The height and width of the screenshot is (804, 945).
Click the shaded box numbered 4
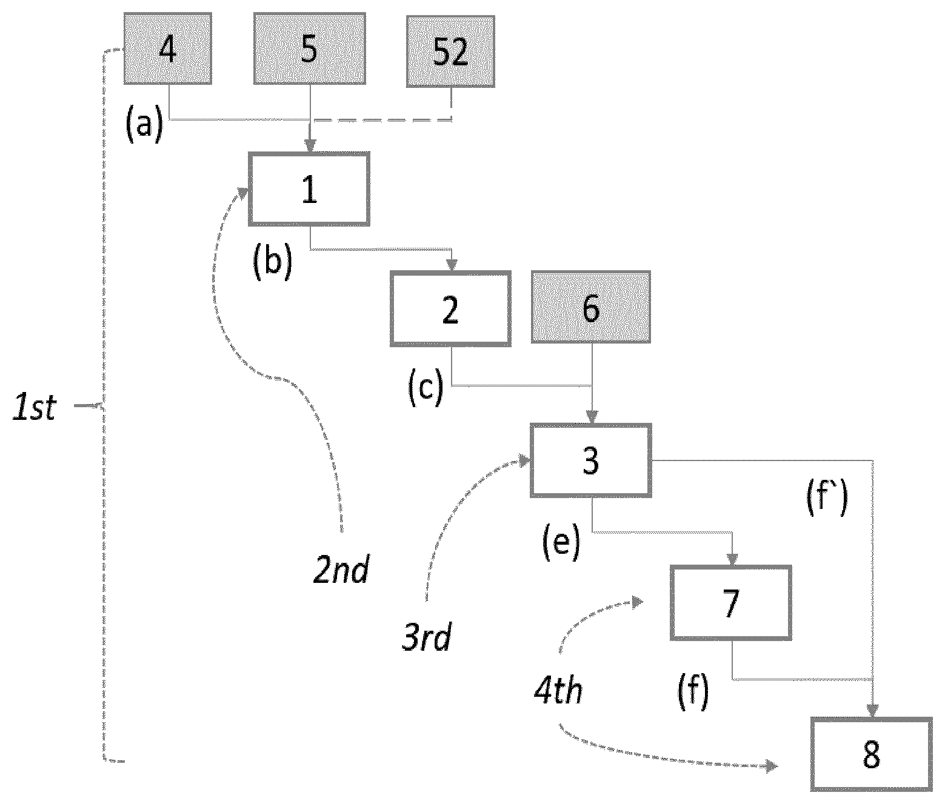click(x=167, y=48)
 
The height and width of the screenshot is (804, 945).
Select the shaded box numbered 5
click(x=310, y=48)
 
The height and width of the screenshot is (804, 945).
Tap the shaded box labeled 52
click(x=450, y=51)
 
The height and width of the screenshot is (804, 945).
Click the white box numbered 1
click(x=309, y=189)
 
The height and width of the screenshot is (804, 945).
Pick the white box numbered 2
click(x=450, y=308)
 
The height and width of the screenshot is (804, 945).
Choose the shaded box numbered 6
click(x=590, y=307)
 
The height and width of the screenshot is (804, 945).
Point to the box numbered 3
click(x=590, y=460)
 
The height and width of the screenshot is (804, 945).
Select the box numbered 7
click(x=730, y=602)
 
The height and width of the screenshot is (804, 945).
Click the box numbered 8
click(x=872, y=755)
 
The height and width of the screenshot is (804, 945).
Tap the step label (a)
click(x=144, y=124)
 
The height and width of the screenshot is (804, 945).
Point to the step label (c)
click(x=426, y=387)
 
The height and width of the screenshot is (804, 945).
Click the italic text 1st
click(x=35, y=407)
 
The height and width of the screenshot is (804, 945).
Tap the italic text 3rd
click(x=427, y=637)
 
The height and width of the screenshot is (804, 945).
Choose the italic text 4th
click(x=559, y=690)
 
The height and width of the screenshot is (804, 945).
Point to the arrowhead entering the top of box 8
click(x=873, y=711)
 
